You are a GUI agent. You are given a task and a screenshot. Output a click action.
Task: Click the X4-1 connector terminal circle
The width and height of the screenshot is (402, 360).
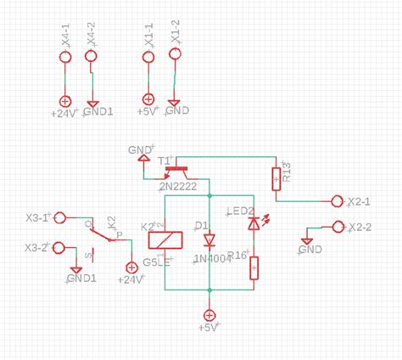point(64,58)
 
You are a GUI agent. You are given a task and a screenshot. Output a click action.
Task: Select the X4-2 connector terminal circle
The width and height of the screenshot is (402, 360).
point(91,58)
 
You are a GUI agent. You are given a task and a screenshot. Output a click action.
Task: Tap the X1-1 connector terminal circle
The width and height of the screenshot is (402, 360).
point(148,58)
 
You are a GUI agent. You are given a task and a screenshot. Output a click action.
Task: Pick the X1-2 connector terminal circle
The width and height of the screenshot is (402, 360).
point(176,55)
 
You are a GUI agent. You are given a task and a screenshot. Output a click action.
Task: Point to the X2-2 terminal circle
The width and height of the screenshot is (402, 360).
point(338,227)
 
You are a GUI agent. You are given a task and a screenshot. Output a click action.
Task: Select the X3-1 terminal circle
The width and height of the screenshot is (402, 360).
point(59,217)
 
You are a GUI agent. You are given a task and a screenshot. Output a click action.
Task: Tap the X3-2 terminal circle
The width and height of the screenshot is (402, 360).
point(59,247)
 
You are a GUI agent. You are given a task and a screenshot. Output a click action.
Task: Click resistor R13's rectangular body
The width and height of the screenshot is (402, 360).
point(276,179)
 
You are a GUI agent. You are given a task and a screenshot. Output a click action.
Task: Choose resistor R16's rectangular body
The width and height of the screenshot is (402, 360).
point(254,268)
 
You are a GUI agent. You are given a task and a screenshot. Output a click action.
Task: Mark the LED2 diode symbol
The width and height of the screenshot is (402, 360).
point(254,224)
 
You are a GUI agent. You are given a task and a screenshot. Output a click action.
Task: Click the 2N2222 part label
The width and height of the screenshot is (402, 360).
point(180,187)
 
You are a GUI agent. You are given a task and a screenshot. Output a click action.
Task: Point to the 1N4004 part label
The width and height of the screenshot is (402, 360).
point(212,259)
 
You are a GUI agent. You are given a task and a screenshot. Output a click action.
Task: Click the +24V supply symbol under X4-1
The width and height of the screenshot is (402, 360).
point(64,100)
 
